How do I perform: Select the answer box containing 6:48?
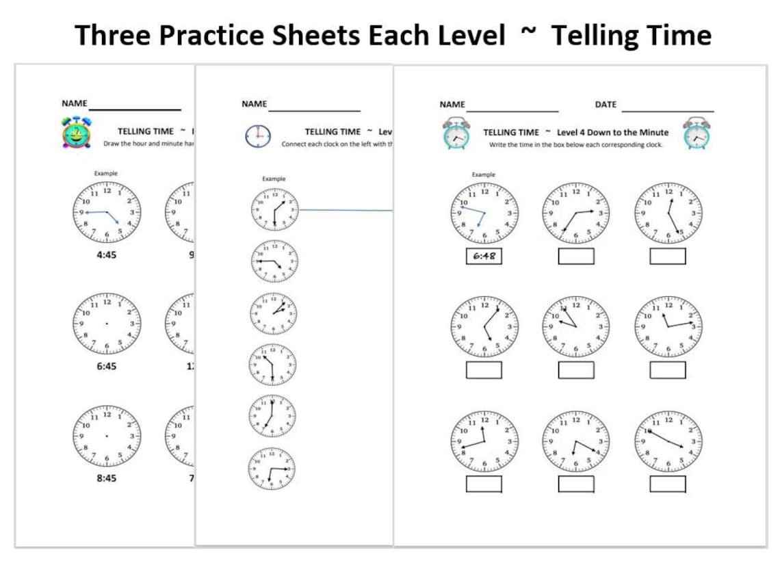[x=484, y=257]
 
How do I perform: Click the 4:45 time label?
[x=106, y=255]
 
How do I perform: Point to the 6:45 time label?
[x=106, y=366]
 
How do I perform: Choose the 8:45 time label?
[x=106, y=478]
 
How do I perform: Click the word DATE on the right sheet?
[x=606, y=105]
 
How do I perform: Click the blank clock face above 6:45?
[x=106, y=323]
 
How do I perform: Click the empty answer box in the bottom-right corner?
[x=667, y=484]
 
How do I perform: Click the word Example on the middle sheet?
[x=273, y=179]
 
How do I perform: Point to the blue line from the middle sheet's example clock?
[x=346, y=211]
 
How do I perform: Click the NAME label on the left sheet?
[x=74, y=103]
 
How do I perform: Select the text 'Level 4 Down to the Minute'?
[x=612, y=132]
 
